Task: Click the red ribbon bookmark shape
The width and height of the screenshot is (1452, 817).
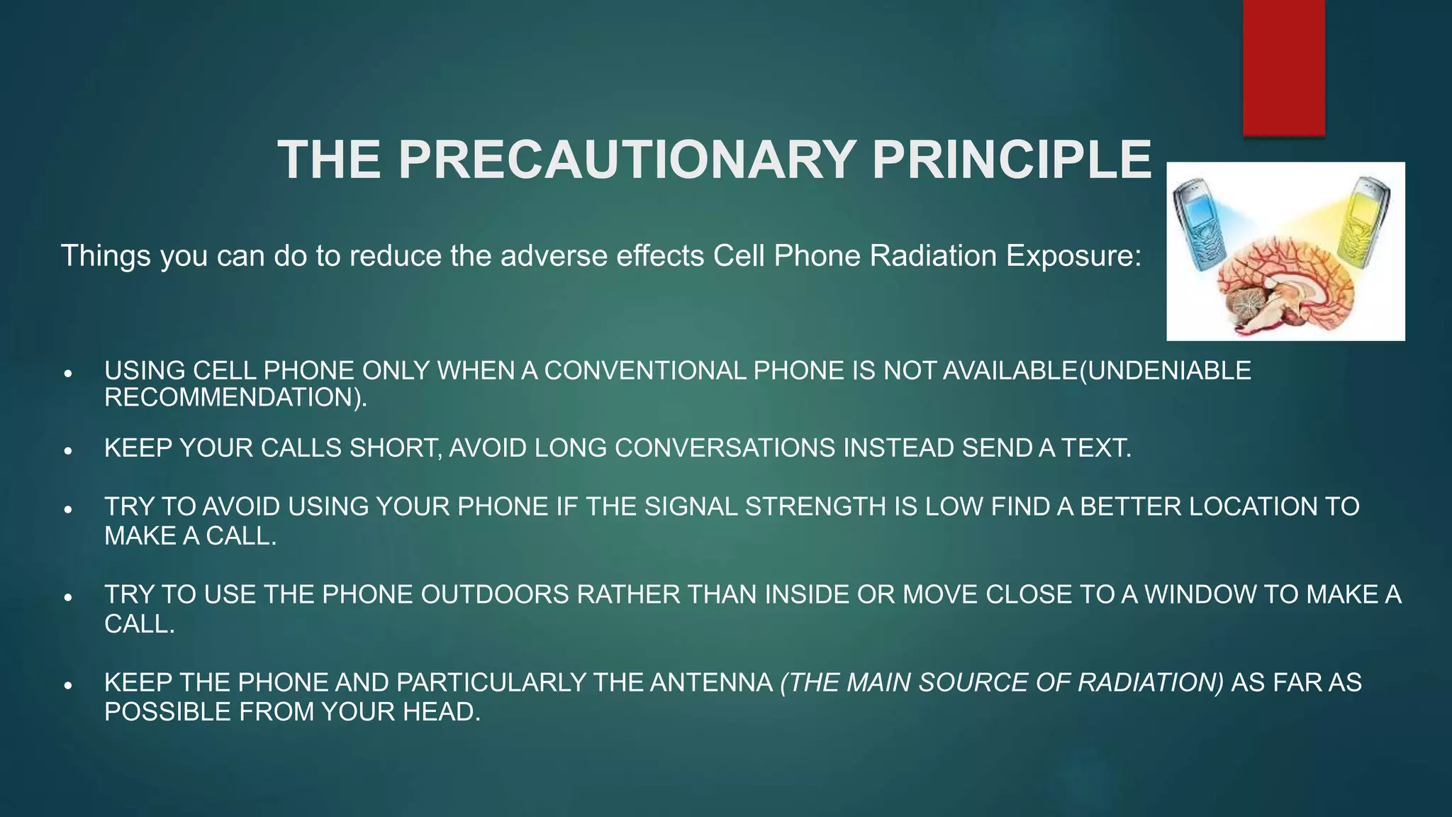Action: (1283, 67)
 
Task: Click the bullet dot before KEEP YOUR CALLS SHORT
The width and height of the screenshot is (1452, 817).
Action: (68, 450)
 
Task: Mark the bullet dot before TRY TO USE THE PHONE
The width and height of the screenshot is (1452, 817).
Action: (68, 597)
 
